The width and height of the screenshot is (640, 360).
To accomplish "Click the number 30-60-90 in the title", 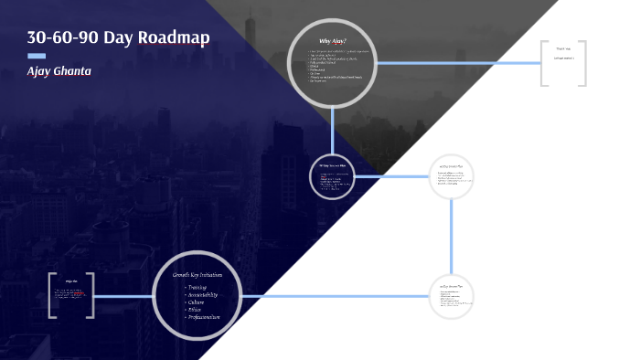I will point(63,37).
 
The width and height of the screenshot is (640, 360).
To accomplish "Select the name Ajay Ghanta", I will point(59,70).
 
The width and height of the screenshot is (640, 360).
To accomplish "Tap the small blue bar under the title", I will point(37,56).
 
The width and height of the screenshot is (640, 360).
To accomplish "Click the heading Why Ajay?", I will point(332,40).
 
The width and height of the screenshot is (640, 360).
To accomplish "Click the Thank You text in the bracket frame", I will point(563,48).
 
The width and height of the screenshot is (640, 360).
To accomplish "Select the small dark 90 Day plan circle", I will point(333,175).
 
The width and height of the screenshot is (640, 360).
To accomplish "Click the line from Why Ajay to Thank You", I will point(457,63).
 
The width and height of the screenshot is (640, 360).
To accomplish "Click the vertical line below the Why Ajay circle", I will point(333,128).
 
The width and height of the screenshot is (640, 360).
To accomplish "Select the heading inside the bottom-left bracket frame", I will point(70,281).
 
